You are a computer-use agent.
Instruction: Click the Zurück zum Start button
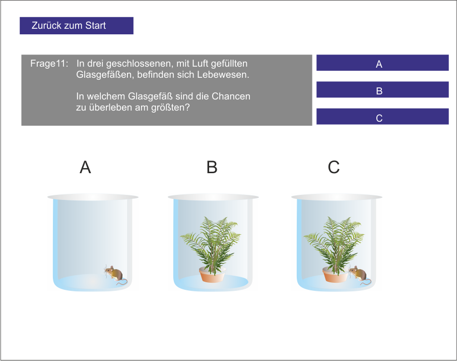[x=77, y=26]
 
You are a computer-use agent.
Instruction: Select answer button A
[x=382, y=63]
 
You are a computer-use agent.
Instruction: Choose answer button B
[x=382, y=90]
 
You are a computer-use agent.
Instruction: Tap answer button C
[x=382, y=117]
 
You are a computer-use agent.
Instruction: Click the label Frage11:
[x=49, y=64]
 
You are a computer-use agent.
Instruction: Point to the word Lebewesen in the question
[x=223, y=75]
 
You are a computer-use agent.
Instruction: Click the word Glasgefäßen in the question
[x=105, y=75]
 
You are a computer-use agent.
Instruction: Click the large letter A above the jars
[x=85, y=167]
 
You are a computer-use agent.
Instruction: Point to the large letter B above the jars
[x=212, y=167]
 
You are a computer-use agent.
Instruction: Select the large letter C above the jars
[x=334, y=167]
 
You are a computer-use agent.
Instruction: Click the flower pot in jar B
[x=213, y=275]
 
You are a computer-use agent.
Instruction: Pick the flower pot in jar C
[x=336, y=275]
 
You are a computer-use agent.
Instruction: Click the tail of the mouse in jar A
[x=123, y=282]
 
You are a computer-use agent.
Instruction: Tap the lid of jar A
[x=93, y=197]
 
